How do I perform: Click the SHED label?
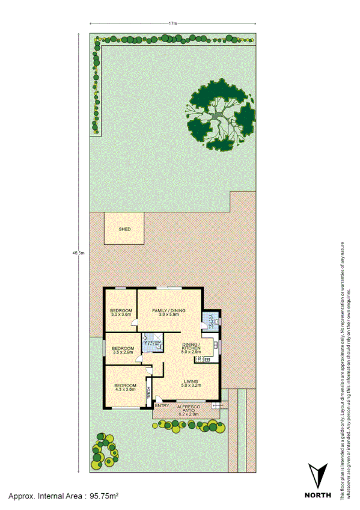[x=124, y=230]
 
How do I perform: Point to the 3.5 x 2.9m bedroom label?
[x=123, y=350]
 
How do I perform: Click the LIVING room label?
[x=192, y=382]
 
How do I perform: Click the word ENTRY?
[x=162, y=406]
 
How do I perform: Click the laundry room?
[x=212, y=324]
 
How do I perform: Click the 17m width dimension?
[x=173, y=23]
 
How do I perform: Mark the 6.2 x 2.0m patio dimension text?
[x=189, y=414]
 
